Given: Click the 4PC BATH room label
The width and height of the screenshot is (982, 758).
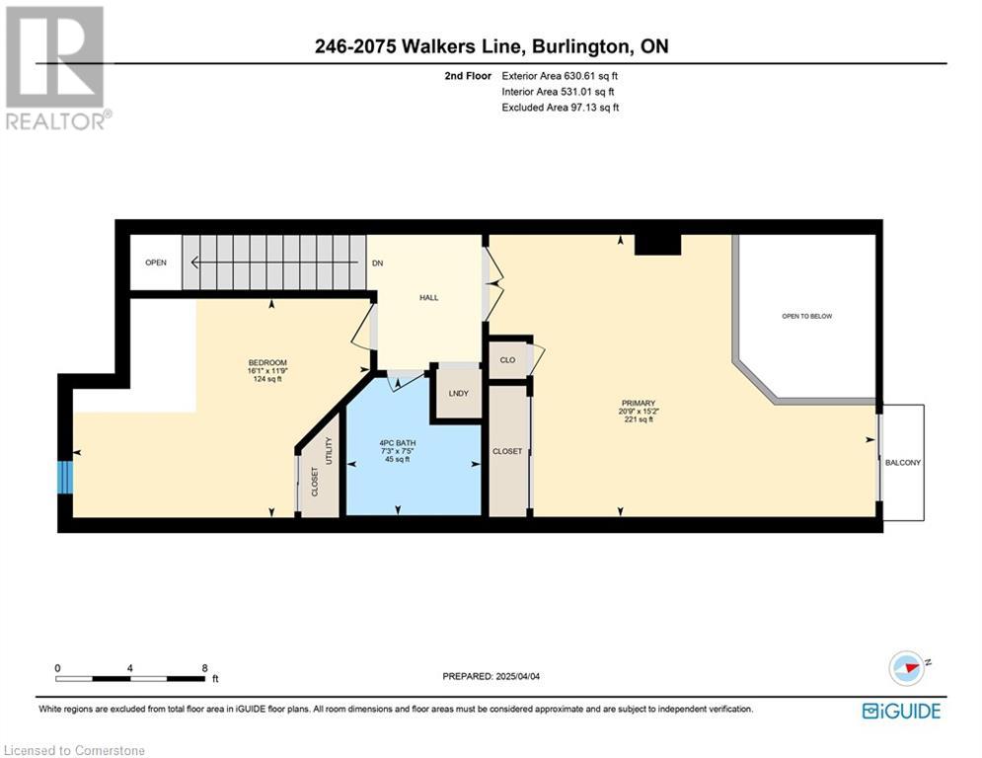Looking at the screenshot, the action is click(x=398, y=443).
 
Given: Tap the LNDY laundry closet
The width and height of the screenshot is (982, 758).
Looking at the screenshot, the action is click(x=459, y=394).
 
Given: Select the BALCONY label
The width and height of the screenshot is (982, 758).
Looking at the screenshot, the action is click(x=903, y=462).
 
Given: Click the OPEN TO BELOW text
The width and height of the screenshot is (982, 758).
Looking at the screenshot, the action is click(x=806, y=317).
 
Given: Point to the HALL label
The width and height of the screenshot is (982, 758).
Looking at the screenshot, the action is click(x=429, y=297).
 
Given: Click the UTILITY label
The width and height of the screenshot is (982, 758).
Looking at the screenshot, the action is click(x=329, y=451).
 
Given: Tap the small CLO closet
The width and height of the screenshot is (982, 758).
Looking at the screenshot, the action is click(x=508, y=359).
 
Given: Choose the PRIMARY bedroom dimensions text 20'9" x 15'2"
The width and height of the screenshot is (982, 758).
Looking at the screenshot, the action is click(x=639, y=412).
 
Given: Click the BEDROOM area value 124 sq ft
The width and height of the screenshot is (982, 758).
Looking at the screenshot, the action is click(x=267, y=379).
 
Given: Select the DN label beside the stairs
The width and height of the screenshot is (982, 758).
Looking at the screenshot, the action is click(x=378, y=264).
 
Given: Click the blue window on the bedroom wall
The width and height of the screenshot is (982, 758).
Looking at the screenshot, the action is click(x=65, y=478).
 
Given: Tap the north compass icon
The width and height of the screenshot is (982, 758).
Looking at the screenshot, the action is click(x=907, y=668).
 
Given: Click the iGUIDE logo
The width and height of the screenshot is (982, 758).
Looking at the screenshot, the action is click(x=901, y=711).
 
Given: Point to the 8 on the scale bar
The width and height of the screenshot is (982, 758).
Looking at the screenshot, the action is click(x=205, y=668).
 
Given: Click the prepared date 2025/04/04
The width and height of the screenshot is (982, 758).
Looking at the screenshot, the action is click(x=518, y=676).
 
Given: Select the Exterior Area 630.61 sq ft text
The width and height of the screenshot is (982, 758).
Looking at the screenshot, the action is click(x=560, y=76).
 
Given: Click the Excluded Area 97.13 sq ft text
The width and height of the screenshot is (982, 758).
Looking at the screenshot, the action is click(x=561, y=108).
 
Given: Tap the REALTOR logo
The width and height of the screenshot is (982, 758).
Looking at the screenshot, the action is click(x=57, y=68).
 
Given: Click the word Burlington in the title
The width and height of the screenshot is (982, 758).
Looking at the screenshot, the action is click(x=580, y=46).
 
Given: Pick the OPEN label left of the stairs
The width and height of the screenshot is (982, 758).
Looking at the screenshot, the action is click(x=156, y=263).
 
